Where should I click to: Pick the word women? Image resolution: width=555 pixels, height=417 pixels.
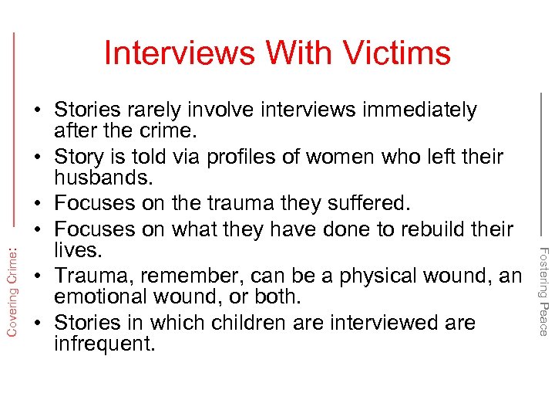[x=338, y=158]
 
